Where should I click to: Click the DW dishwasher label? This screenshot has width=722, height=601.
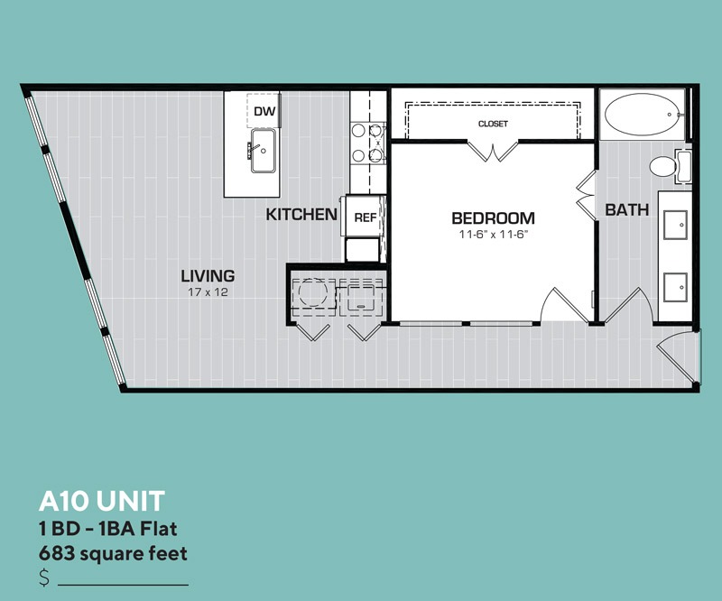coord(264,111)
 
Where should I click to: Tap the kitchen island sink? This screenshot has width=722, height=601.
coord(263,151)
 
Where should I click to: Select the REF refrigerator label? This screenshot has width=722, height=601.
coord(366,217)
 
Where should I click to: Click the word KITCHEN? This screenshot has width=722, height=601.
coord(301,214)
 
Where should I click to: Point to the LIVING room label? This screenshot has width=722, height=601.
coord(208,276)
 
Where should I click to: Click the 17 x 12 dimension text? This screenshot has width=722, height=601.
coord(208,292)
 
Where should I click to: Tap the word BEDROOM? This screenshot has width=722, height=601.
coord(493,217)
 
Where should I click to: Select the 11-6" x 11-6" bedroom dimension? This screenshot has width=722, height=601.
coord(493,235)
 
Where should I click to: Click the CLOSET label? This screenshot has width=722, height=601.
coord(493,124)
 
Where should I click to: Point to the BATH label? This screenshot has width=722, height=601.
coord(626,210)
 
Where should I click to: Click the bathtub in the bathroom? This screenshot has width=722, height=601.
coord(642,115)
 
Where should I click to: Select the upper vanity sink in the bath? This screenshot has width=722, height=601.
coord(675,225)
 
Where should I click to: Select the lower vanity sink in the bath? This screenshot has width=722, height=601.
coord(675,287)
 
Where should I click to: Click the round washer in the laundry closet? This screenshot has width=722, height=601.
coord(313,292)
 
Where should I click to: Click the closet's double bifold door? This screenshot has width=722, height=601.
coord(493,151)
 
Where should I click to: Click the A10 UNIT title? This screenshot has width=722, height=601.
coord(102,501)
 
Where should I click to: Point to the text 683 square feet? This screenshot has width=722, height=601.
coord(113,553)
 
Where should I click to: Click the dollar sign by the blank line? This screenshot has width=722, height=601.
coord(44,578)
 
